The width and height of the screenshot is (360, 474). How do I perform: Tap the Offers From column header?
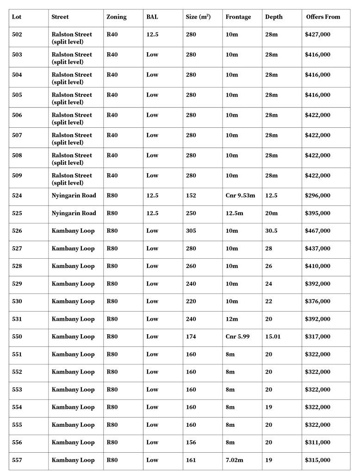point(323,17)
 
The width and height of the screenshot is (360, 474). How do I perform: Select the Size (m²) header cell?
point(198,17)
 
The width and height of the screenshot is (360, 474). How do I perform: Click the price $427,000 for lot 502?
point(317,34)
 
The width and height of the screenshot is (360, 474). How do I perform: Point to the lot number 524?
point(17,195)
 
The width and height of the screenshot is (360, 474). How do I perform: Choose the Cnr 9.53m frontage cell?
point(240,195)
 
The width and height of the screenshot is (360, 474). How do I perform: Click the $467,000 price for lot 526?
point(317,231)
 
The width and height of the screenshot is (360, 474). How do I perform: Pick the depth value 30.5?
point(271,231)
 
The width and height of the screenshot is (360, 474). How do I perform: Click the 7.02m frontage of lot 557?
point(234,460)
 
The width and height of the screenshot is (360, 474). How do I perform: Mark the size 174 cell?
point(191,337)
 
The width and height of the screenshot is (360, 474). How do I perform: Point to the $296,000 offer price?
point(317,195)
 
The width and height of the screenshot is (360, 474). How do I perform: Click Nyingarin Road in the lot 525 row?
point(74,213)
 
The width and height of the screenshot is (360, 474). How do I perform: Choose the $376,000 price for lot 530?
point(317,301)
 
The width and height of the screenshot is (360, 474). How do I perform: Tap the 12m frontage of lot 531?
point(231,319)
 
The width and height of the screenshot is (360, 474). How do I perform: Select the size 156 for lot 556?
point(191,443)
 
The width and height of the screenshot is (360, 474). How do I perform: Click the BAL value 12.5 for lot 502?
point(152,34)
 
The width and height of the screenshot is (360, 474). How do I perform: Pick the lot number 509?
point(17,175)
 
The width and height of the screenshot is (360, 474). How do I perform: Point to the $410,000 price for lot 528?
point(317,266)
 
